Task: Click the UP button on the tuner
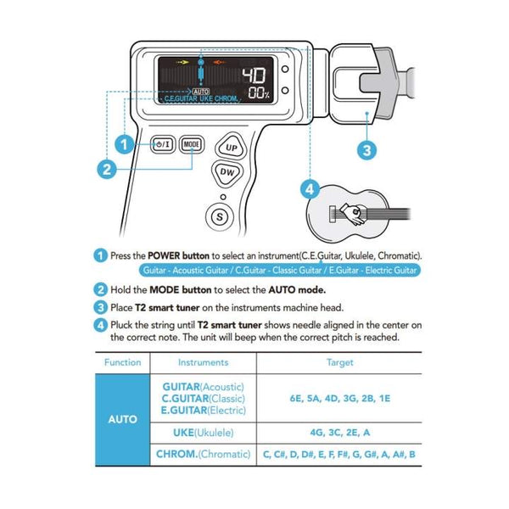click(x=231, y=146)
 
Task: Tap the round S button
click(x=221, y=215)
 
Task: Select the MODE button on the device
click(x=192, y=144)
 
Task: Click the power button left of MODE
click(x=164, y=144)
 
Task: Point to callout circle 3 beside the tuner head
click(x=366, y=150)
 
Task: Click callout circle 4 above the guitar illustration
click(x=310, y=188)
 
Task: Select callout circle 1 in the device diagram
click(x=126, y=144)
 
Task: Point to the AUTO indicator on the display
click(x=201, y=90)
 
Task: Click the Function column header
click(x=122, y=362)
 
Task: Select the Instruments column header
click(x=203, y=362)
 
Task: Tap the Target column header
click(x=339, y=362)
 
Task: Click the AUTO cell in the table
click(x=122, y=419)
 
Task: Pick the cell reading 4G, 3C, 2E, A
click(x=339, y=432)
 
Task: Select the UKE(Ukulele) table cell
click(x=203, y=432)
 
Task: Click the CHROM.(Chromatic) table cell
click(x=203, y=455)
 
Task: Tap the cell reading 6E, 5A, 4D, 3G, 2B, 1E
click(x=339, y=397)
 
